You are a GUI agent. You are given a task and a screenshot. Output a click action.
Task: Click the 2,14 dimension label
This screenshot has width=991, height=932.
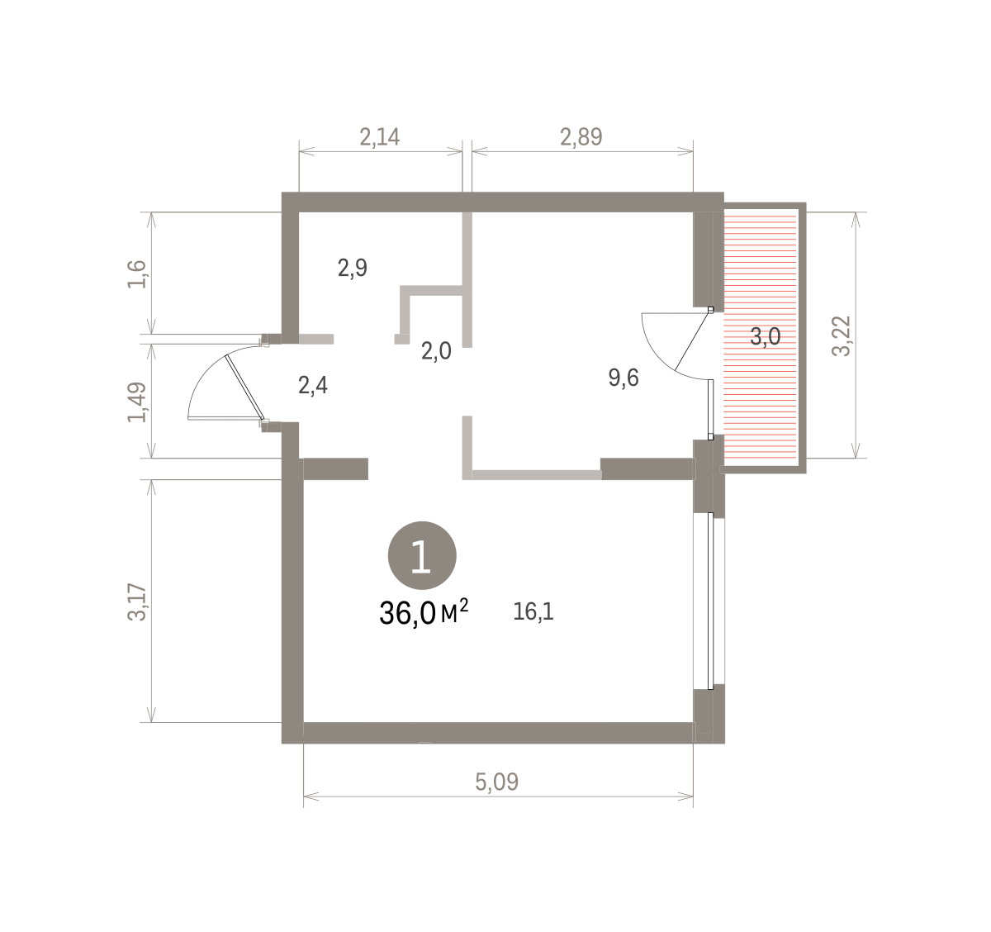pos(380,137)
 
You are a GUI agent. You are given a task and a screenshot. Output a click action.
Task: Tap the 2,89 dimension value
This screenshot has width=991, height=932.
pos(581,137)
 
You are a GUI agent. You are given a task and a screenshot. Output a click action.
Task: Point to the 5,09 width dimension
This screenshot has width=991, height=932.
pos(496,782)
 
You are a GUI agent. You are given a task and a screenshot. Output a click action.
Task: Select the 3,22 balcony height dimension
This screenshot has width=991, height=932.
pos(842,335)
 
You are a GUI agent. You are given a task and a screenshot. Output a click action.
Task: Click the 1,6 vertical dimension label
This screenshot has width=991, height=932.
pos(137,274)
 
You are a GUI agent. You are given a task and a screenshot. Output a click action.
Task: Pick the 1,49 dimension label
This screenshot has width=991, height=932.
pos(137,402)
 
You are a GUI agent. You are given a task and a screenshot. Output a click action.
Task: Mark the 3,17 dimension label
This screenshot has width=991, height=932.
pos(137,602)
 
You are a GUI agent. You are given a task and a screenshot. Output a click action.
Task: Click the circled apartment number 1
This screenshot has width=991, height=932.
pos(422,555)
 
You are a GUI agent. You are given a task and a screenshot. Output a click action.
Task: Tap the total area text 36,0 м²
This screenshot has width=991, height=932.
pos(424,613)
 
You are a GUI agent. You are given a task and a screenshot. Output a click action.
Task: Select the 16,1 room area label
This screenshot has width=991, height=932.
pos(533,612)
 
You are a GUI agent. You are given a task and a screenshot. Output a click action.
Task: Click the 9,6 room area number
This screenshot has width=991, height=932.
pos(624,378)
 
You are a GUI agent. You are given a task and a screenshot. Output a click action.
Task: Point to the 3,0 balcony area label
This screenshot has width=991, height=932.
pos(766,337)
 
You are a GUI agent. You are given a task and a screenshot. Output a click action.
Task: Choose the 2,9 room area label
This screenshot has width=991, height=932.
pos(353,269)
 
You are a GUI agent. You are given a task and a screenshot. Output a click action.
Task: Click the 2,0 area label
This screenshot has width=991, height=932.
pos(436,352)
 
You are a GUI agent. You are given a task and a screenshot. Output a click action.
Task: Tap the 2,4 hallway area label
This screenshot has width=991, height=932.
pos(313,386)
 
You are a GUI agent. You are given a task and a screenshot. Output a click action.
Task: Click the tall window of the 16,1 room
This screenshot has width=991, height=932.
pos(710,601)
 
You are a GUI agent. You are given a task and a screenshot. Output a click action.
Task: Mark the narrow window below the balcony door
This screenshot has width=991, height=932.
pos(710,408)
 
